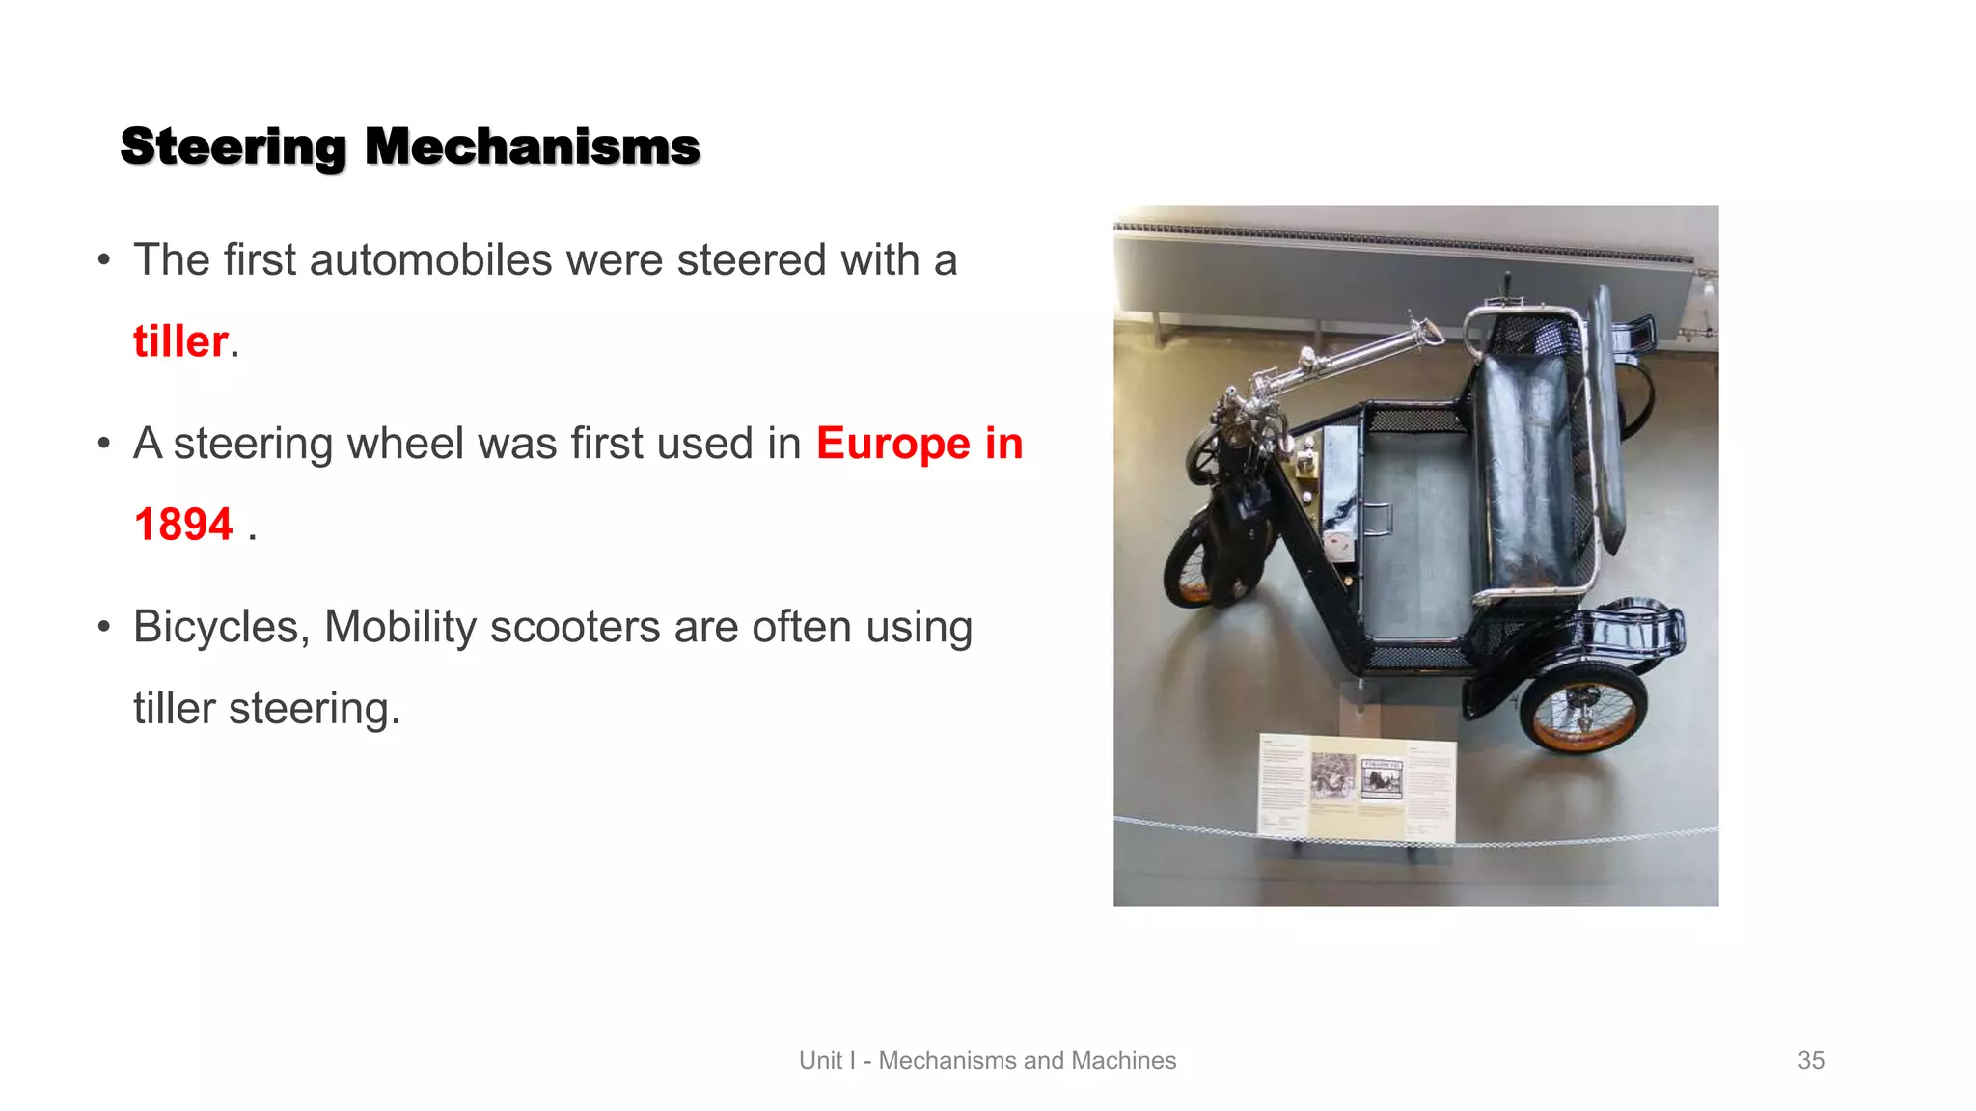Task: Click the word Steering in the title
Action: tap(233, 148)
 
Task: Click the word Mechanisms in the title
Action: tap(532, 148)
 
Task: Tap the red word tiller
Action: tap(180, 341)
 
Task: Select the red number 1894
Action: tap(183, 525)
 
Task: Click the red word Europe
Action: tap(892, 444)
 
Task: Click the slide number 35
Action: tap(1810, 1060)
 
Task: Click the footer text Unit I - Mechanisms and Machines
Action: tap(987, 1060)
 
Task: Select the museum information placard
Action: tap(1357, 786)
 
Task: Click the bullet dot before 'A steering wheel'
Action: tap(104, 444)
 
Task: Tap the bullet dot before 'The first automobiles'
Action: tap(104, 260)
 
